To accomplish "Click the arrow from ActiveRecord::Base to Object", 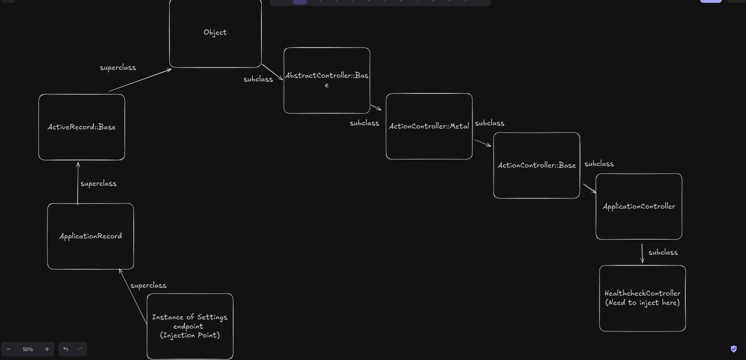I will pyautogui.click(x=140, y=81).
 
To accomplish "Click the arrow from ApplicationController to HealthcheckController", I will pyautogui.click(x=642, y=253).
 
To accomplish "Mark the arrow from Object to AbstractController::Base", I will pyautogui.click(x=273, y=72).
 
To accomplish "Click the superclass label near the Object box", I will pyautogui.click(x=118, y=68).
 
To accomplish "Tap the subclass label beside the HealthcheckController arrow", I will pyautogui.click(x=663, y=252).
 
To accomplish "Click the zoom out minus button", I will pyautogui.click(x=8, y=349).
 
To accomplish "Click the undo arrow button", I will pyautogui.click(x=66, y=349).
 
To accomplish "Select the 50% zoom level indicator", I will pyautogui.click(x=28, y=349).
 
